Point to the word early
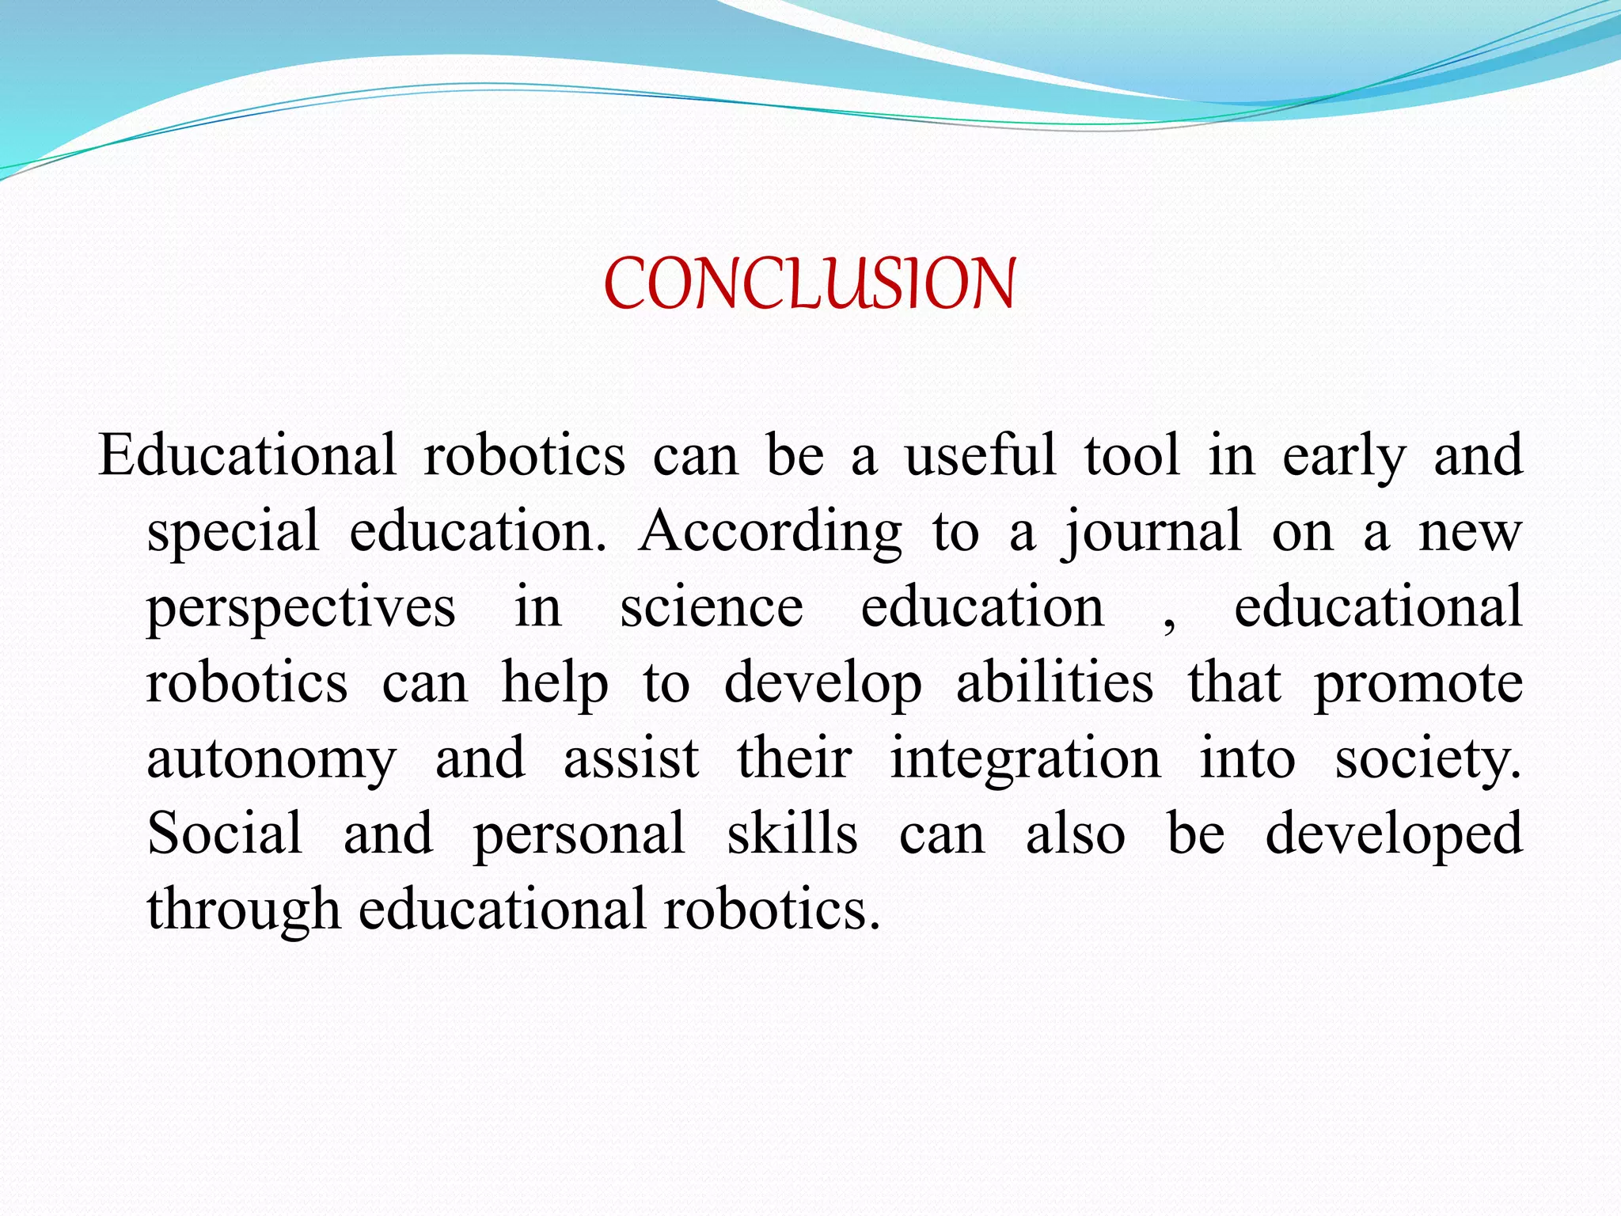[1343, 458]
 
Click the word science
[711, 606]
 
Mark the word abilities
[1054, 682]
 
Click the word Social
[225, 833]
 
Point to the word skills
[792, 833]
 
